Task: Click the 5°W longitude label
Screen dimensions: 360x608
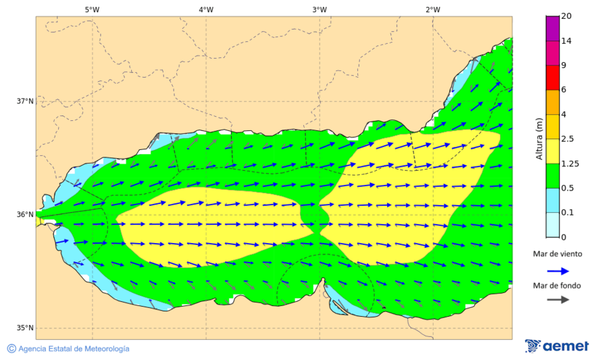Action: [x=93, y=9]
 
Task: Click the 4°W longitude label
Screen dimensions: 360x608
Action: [x=206, y=9]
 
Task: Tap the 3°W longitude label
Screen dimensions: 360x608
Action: [x=320, y=9]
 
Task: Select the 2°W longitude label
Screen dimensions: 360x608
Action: [x=433, y=9]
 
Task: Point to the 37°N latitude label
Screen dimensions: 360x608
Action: [x=25, y=101]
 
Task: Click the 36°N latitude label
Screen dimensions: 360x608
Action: [x=25, y=215]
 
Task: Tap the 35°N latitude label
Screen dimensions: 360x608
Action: [x=25, y=328]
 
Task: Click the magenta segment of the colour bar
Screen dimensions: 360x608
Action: [x=553, y=28]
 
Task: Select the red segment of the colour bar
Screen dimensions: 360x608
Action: [x=553, y=77]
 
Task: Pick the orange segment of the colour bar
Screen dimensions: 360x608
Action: [x=553, y=102]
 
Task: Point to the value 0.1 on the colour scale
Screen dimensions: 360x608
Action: [x=568, y=213]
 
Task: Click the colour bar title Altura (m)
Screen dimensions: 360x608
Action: [x=539, y=139]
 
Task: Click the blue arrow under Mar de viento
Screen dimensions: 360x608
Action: [x=557, y=269]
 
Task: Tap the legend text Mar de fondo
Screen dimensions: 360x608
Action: [x=557, y=286]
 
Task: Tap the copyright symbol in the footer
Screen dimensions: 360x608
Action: [x=11, y=349]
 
